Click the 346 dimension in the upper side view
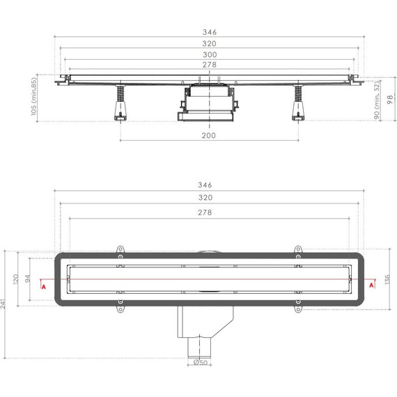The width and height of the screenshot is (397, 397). pos(208,32)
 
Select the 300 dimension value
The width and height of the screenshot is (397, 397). pos(208,54)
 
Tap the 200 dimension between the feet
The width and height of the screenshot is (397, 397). pos(208,135)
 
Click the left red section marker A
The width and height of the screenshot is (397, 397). pos(43,285)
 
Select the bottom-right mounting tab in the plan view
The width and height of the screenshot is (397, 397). pos(297,303)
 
